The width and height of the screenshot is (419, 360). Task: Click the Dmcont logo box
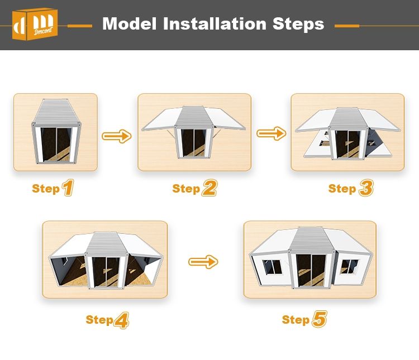(35, 24)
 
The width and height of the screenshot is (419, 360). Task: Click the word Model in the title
(130, 24)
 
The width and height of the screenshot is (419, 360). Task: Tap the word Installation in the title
(215, 24)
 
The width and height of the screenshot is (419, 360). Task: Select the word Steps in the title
(298, 25)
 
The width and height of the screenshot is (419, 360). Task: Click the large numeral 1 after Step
(68, 188)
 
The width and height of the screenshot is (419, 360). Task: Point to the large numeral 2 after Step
(209, 188)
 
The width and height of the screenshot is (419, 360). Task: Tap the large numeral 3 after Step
(366, 188)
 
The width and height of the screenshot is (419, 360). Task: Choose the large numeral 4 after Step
(122, 320)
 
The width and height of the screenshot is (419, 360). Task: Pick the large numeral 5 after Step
(320, 319)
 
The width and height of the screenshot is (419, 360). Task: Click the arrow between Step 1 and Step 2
(117, 136)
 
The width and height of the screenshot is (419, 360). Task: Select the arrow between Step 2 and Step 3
(271, 133)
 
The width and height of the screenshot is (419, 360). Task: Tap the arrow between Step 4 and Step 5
(203, 262)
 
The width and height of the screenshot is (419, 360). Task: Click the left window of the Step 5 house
(272, 267)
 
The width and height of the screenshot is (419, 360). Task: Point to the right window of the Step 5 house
(349, 267)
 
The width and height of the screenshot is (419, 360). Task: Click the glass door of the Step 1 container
(56, 145)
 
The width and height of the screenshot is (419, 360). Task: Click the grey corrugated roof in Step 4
(106, 243)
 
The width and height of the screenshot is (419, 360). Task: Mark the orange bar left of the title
(80, 26)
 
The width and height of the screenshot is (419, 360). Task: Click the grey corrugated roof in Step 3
(347, 118)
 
